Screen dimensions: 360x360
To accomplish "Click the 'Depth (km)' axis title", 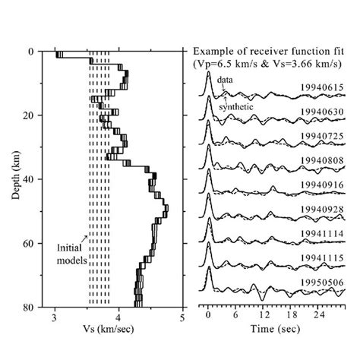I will [x=17, y=179].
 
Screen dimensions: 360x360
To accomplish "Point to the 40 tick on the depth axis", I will [x=38, y=179].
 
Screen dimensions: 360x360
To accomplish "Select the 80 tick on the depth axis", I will [x=38, y=307].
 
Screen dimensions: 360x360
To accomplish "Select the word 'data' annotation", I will [x=226, y=80].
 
